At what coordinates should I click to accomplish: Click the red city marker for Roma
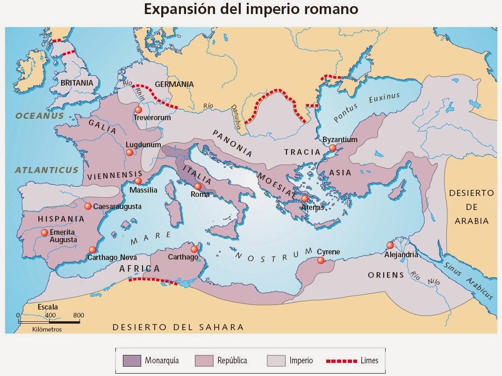click(198, 186)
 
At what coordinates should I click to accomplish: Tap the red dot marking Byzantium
click(332, 148)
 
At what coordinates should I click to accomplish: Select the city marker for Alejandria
click(390, 245)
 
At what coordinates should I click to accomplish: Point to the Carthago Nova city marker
click(93, 250)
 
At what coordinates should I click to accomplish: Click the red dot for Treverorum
click(138, 109)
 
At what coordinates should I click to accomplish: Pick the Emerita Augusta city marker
click(44, 232)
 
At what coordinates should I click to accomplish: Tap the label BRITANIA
click(77, 82)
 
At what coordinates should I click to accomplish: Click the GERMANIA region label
click(174, 84)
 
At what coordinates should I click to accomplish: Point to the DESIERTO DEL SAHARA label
click(178, 327)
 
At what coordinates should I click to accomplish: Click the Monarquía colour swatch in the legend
click(131, 361)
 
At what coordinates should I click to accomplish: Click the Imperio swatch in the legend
click(276, 361)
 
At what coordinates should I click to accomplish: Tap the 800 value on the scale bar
click(78, 315)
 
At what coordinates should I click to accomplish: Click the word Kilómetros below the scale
click(47, 329)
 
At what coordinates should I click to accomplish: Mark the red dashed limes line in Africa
click(153, 281)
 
